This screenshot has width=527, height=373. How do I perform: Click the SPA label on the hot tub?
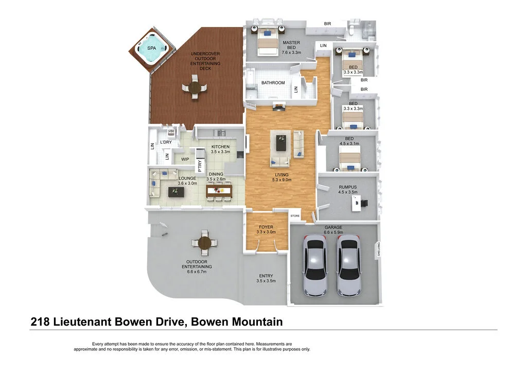click(x=152, y=48)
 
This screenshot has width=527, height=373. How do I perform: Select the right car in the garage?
click(x=348, y=265)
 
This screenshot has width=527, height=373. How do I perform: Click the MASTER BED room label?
click(x=291, y=47)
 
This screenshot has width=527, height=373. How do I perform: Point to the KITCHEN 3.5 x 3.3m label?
click(x=220, y=149)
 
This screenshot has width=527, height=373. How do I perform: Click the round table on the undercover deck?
click(x=194, y=88)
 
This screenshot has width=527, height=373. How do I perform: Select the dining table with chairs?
click(x=219, y=191)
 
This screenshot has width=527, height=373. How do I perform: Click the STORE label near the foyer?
click(x=295, y=216)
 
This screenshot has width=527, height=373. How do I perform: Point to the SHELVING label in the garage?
click(x=379, y=249)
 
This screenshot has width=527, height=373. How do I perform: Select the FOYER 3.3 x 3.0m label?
click(x=266, y=229)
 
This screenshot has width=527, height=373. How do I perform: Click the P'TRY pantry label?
click(x=200, y=166)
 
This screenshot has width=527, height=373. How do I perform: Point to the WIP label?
click(x=185, y=159)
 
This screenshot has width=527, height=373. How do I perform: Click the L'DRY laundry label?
click(x=166, y=142)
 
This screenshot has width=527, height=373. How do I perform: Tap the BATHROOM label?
click(x=273, y=82)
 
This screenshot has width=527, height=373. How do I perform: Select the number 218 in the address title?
click(x=40, y=323)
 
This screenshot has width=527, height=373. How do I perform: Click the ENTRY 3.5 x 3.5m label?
click(x=266, y=278)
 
